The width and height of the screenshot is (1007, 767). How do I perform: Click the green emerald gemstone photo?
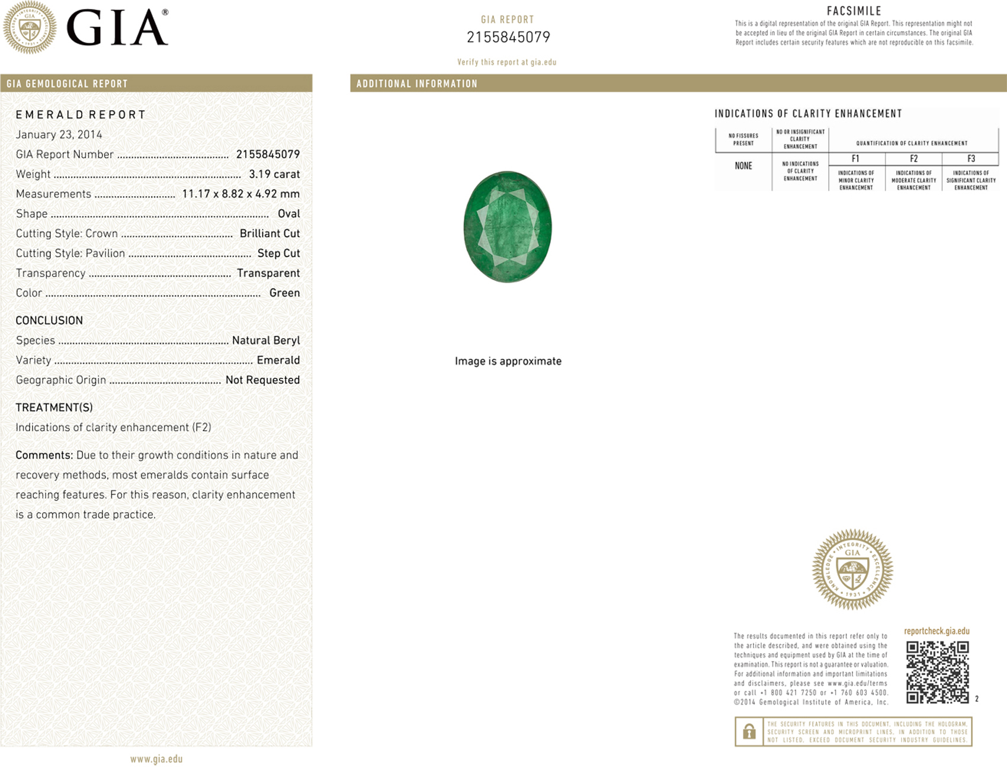(508, 227)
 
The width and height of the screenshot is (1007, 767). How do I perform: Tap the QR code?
(937, 672)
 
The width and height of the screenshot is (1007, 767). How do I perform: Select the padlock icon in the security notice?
(749, 732)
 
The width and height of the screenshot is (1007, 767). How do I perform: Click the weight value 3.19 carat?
(274, 174)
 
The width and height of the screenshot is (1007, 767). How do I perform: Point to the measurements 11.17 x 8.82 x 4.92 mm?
(240, 194)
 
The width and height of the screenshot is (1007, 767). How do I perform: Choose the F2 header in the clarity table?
(913, 159)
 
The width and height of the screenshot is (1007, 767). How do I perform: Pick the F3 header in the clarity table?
(971, 159)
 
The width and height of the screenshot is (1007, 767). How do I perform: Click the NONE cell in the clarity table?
(743, 166)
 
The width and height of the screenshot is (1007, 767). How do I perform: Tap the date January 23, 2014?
(59, 134)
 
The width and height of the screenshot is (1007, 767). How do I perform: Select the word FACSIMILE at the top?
(854, 11)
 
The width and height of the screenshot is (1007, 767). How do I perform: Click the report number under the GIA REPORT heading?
(508, 37)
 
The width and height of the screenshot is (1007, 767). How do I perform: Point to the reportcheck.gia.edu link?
(937, 631)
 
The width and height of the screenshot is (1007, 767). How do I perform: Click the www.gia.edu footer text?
(156, 759)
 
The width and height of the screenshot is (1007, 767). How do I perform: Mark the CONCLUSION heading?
(49, 320)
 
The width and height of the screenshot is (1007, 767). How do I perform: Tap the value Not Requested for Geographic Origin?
(262, 380)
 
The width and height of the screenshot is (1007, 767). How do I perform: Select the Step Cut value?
(278, 253)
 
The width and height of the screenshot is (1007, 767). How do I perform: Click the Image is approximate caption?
(508, 361)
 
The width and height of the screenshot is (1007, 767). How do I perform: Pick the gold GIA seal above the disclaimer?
(852, 569)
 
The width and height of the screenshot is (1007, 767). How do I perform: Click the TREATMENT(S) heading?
(54, 407)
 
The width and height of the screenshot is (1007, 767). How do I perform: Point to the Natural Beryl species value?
(266, 340)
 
